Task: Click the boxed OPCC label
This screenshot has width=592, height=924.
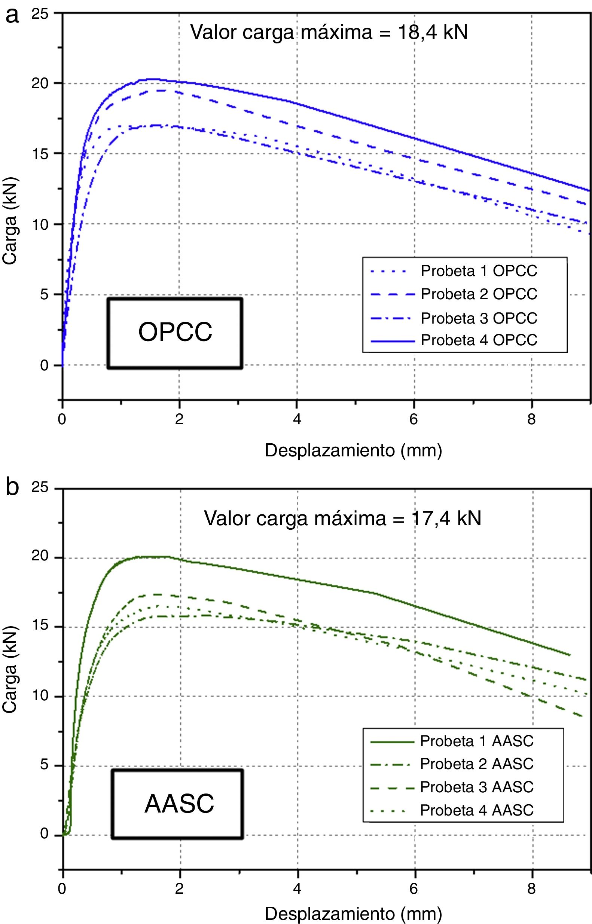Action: [175, 332]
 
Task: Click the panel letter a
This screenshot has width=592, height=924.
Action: [12, 16]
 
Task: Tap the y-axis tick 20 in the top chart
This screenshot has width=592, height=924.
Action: [40, 83]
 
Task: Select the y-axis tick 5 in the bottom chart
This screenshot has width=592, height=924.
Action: [44, 765]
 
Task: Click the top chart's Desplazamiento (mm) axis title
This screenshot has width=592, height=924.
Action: [353, 450]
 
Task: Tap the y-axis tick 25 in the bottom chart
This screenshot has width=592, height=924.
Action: [40, 487]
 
